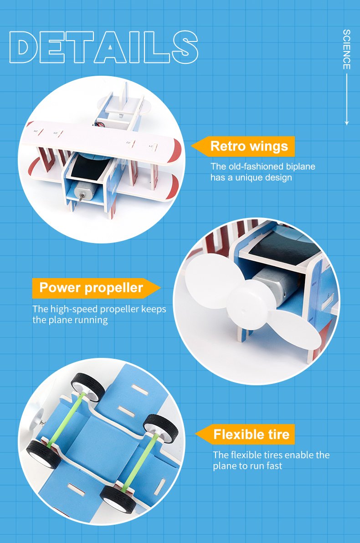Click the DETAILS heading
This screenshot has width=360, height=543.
(x=103, y=47)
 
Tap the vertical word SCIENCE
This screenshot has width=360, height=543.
(x=346, y=49)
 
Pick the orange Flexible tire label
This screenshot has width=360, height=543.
(x=245, y=434)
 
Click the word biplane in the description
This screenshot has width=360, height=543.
(x=300, y=166)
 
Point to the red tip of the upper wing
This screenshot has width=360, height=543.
(x=175, y=150)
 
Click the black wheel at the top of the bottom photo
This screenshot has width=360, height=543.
(x=88, y=387)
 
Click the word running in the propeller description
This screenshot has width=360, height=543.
(x=92, y=321)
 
